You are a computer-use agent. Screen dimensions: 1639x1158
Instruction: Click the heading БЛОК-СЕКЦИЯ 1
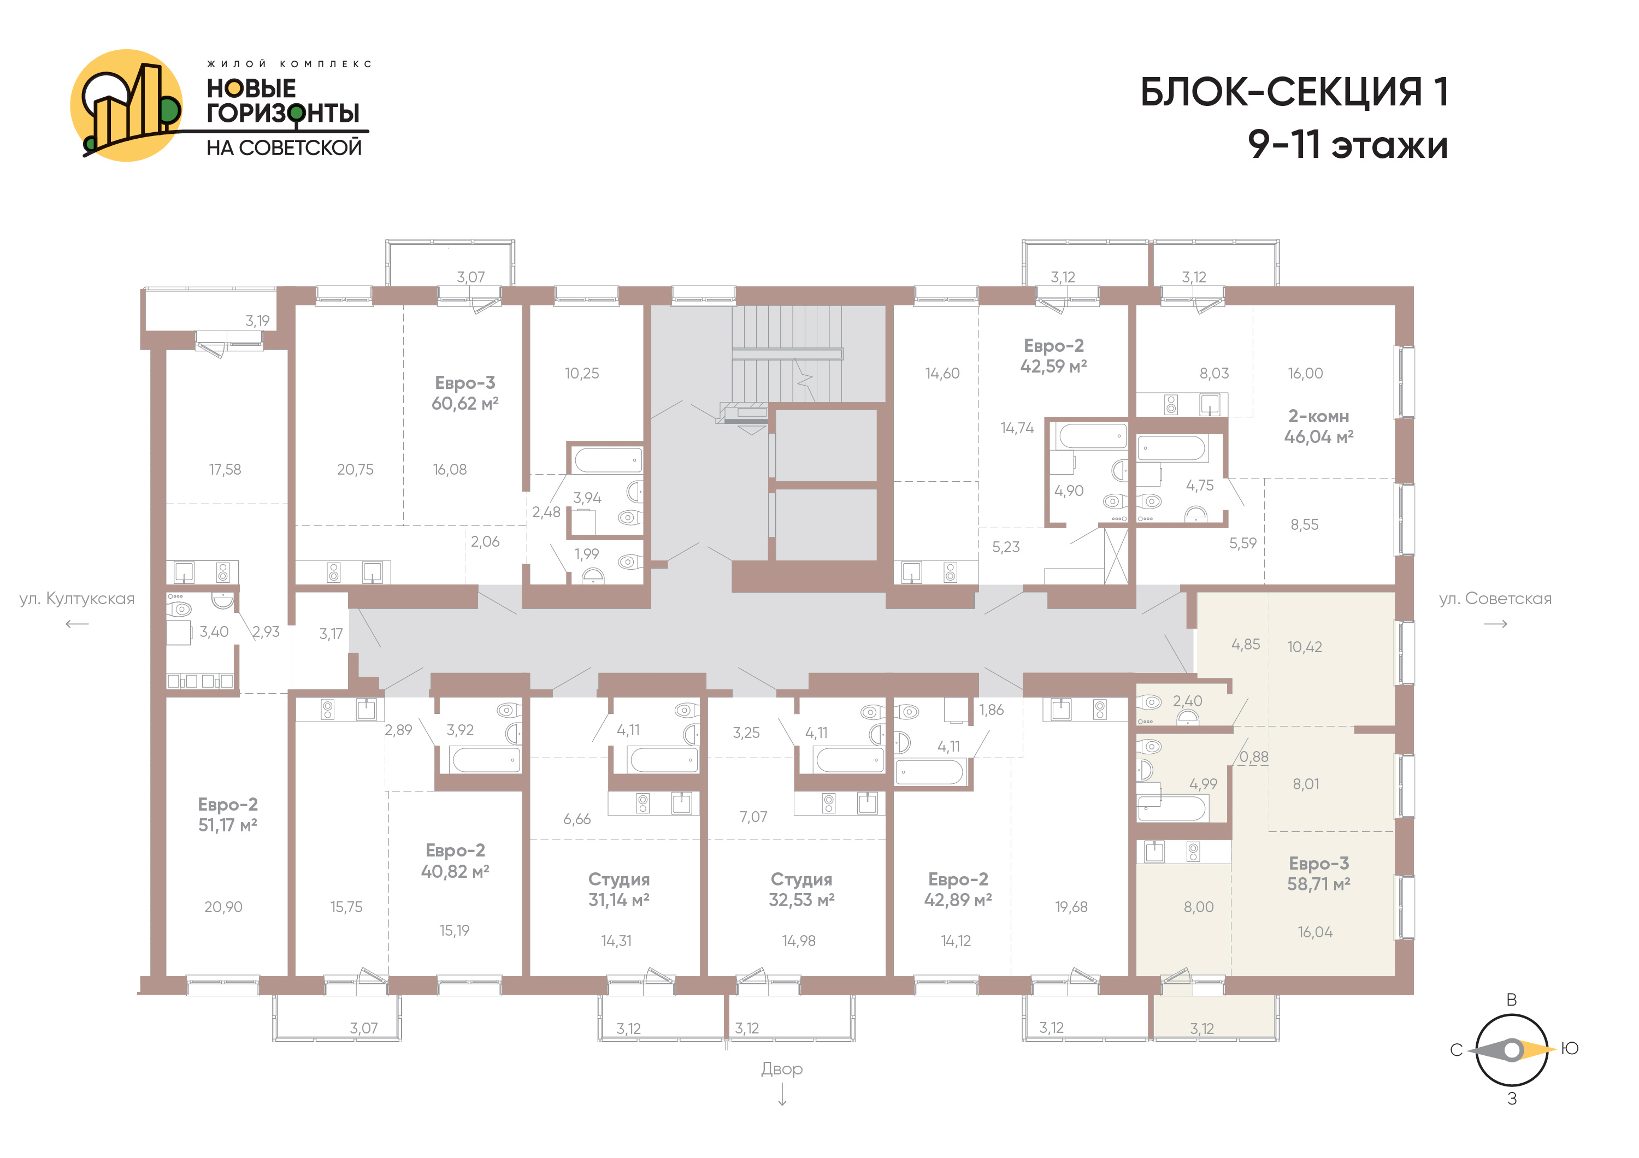[x=1294, y=92]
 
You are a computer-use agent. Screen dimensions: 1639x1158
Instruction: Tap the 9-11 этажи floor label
[x=1348, y=145]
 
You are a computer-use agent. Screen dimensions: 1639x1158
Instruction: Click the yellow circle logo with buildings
[x=126, y=105]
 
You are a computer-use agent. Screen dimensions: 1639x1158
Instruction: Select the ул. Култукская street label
[x=77, y=599]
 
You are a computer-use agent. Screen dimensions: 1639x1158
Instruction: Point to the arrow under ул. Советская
[x=1495, y=624]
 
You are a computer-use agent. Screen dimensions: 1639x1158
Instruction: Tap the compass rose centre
[x=1512, y=1050]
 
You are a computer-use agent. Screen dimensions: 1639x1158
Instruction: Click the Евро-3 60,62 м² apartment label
[x=465, y=393]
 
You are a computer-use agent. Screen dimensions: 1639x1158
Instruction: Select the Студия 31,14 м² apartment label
[x=619, y=890]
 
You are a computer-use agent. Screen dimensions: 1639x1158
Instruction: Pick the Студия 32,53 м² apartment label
[x=801, y=890]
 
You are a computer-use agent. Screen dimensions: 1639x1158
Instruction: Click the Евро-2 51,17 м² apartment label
[x=228, y=815]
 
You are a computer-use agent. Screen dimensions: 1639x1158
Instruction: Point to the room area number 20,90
[x=223, y=907]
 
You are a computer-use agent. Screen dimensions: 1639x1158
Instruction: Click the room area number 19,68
[x=1071, y=907]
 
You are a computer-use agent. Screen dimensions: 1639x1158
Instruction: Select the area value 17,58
[x=225, y=469]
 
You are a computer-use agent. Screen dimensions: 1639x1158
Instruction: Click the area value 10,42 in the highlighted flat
[x=1305, y=647]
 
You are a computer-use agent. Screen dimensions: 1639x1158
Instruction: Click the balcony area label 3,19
[x=258, y=321]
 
